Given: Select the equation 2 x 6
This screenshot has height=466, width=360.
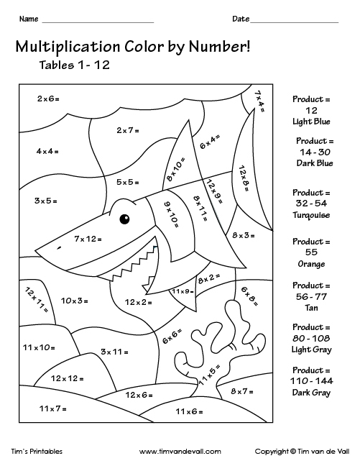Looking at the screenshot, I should click(x=47, y=99).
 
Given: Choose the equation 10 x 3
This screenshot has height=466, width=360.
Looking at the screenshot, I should click(x=74, y=300).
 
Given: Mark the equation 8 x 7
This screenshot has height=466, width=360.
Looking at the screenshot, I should click(x=242, y=390).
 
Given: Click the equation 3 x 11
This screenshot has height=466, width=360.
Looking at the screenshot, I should click(x=114, y=351).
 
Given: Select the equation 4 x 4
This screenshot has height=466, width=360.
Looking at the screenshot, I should click(x=47, y=151).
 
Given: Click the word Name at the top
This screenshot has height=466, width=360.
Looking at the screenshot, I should click(x=27, y=18).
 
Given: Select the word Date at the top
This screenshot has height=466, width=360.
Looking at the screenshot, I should click(x=240, y=18).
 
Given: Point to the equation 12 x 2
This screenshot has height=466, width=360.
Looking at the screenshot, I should click(x=139, y=301).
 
